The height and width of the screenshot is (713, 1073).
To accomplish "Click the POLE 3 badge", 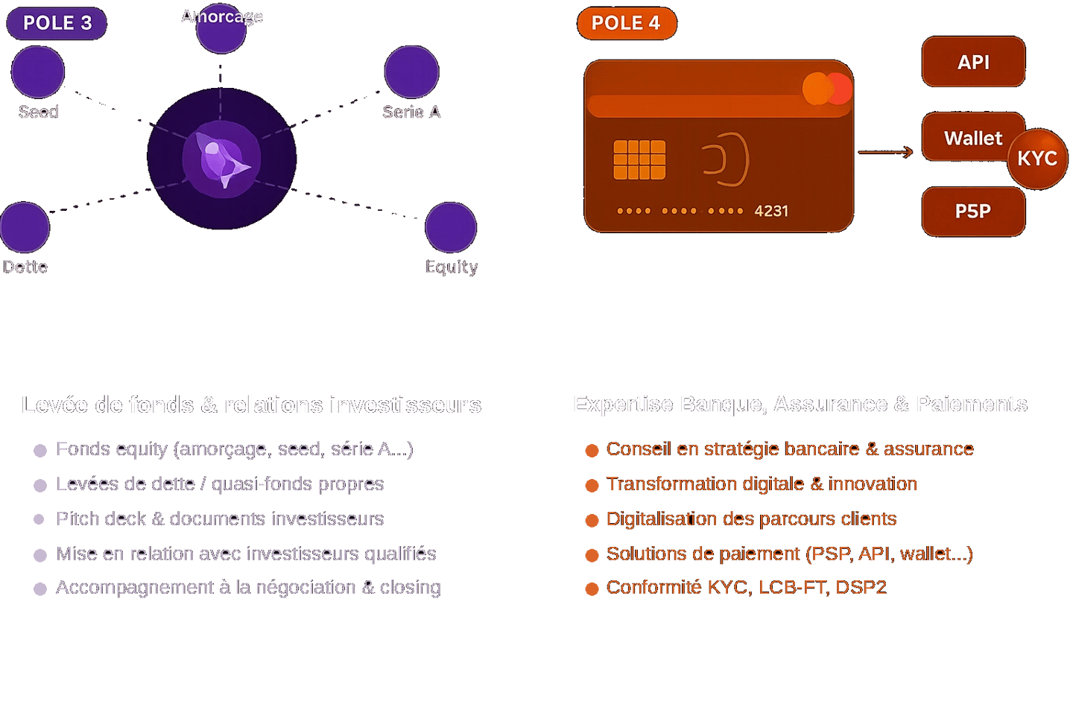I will (x=57, y=23).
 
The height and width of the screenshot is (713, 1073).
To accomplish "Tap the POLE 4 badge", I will (x=627, y=23).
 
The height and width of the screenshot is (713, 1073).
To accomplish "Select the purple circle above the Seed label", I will (x=38, y=72).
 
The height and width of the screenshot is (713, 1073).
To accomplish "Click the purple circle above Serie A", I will (x=411, y=72).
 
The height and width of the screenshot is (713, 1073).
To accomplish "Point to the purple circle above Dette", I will (x=25, y=227).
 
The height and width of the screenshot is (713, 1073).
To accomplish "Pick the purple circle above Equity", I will (x=451, y=227).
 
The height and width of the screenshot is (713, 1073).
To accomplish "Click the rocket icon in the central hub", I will (x=222, y=159).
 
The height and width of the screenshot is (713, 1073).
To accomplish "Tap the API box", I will (x=973, y=62).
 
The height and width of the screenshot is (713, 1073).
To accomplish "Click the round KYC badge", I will (x=1037, y=159).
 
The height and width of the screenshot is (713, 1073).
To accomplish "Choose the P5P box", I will (x=973, y=212).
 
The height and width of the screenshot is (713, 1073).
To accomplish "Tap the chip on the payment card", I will (x=639, y=159).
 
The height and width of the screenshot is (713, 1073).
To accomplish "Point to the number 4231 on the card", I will (x=771, y=211).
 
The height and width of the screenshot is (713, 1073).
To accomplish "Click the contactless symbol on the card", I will (x=726, y=159).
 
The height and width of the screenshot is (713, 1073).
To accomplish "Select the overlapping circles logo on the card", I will (x=827, y=89).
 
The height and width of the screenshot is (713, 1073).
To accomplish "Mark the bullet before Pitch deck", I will (x=40, y=519).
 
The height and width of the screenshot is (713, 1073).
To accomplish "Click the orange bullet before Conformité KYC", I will (x=592, y=589).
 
